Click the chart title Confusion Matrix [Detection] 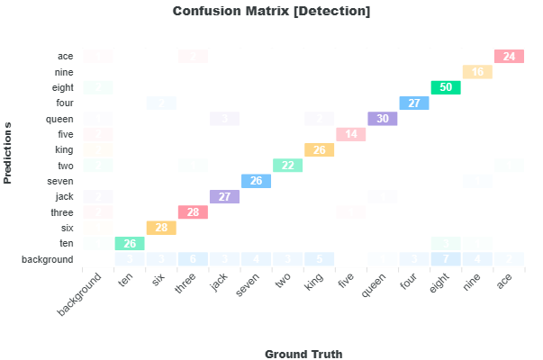point(271,12)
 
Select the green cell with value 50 point(446,88)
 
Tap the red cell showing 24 point(509,57)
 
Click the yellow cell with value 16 point(477,72)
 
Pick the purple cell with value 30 point(383,119)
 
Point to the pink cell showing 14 point(351,135)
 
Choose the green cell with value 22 point(288,166)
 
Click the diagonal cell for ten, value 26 point(130,244)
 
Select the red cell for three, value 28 point(193,212)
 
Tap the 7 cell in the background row point(446,259)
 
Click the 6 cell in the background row point(193,259)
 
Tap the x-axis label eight point(438,284)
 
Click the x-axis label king point(312,284)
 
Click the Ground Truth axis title point(303,354)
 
